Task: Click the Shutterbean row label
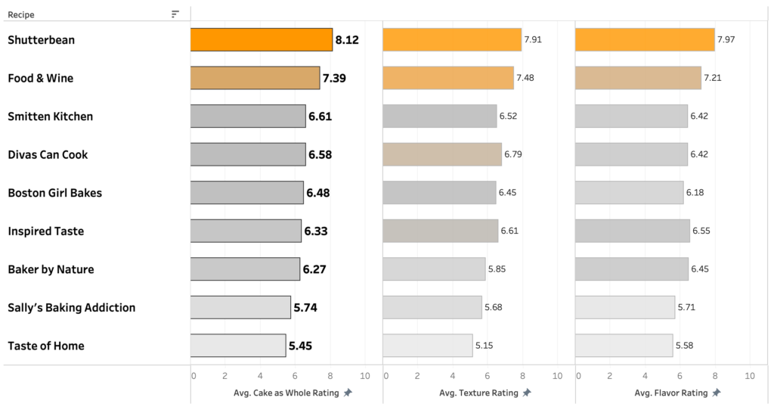click(x=42, y=40)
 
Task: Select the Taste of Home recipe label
click(x=46, y=346)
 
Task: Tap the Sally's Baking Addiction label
click(x=72, y=307)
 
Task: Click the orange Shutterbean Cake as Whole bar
click(x=261, y=40)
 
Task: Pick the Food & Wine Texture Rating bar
click(x=447, y=78)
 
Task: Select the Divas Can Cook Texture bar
click(x=441, y=154)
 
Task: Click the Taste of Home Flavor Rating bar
click(x=624, y=346)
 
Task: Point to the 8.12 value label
click(x=347, y=40)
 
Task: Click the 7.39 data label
click(x=334, y=78)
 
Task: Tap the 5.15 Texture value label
click(x=484, y=346)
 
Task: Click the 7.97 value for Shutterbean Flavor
click(x=726, y=40)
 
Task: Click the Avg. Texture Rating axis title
click(x=478, y=393)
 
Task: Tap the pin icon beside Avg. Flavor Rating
click(x=717, y=393)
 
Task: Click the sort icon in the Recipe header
click(x=175, y=14)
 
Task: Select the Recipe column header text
click(x=21, y=14)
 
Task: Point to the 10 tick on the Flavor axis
click(x=750, y=376)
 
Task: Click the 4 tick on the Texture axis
click(x=454, y=376)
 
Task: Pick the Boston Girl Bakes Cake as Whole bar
click(x=246, y=193)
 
